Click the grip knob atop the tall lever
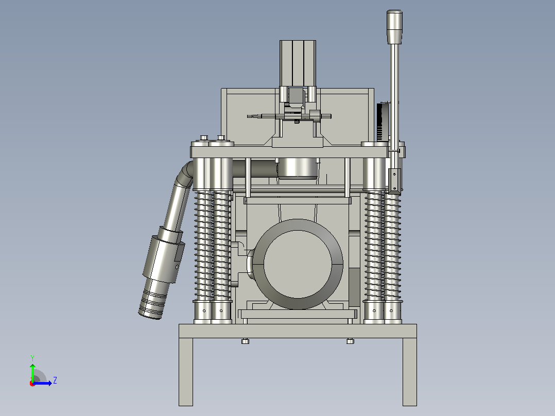tap(394, 27)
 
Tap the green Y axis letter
tap(32, 358)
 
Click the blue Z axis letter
tap(55, 380)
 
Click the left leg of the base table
tap(186, 372)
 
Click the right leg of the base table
tap(409, 372)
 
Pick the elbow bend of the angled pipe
tap(185, 174)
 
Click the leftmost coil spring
tap(203, 246)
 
